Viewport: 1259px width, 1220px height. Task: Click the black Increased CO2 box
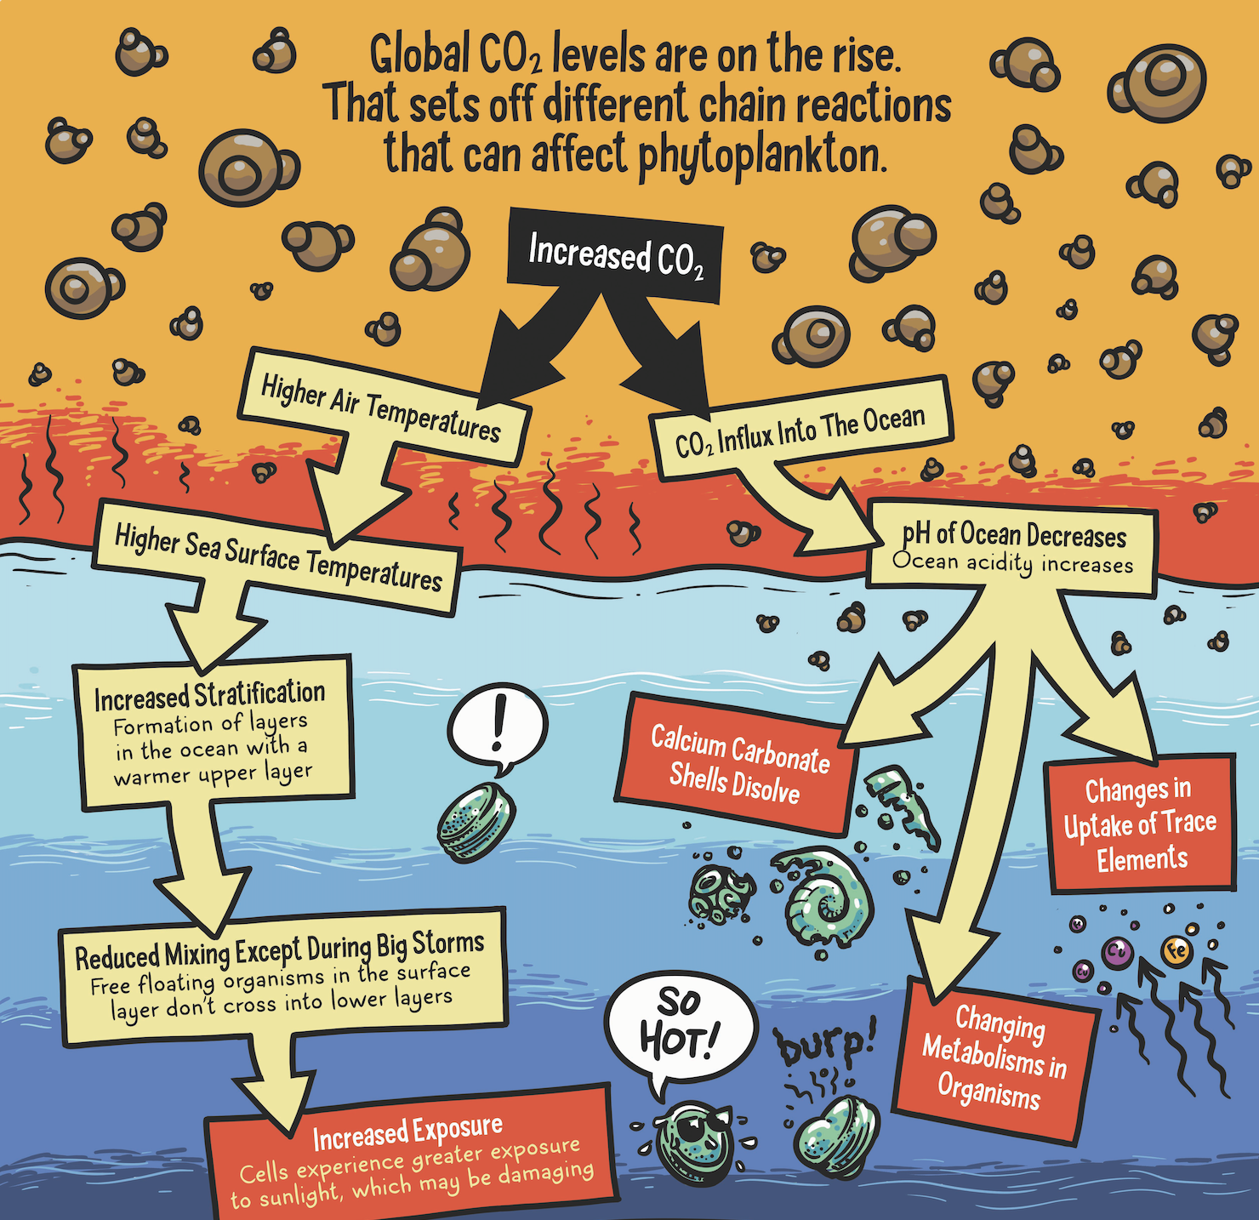[615, 255]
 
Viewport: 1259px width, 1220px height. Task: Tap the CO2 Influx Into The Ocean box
[800, 430]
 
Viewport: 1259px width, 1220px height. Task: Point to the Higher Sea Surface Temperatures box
[278, 557]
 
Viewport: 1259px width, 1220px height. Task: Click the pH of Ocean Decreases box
[1012, 549]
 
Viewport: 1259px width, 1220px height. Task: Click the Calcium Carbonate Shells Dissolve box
[736, 764]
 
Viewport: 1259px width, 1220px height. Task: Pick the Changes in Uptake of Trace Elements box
[1140, 824]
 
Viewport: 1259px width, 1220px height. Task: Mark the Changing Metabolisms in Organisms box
[994, 1055]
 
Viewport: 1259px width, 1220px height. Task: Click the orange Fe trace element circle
[1177, 950]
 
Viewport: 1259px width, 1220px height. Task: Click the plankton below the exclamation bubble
[476, 821]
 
